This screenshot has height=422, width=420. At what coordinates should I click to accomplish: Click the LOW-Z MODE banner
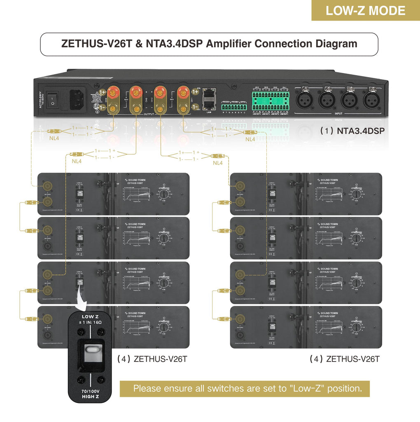(365, 11)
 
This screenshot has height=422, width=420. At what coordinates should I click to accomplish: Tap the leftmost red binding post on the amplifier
(112, 91)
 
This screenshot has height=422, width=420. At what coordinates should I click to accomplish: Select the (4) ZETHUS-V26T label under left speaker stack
(152, 359)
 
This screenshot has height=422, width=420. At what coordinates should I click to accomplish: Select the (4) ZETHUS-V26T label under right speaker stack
(344, 359)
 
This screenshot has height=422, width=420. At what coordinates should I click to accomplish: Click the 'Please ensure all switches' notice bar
(245, 388)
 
